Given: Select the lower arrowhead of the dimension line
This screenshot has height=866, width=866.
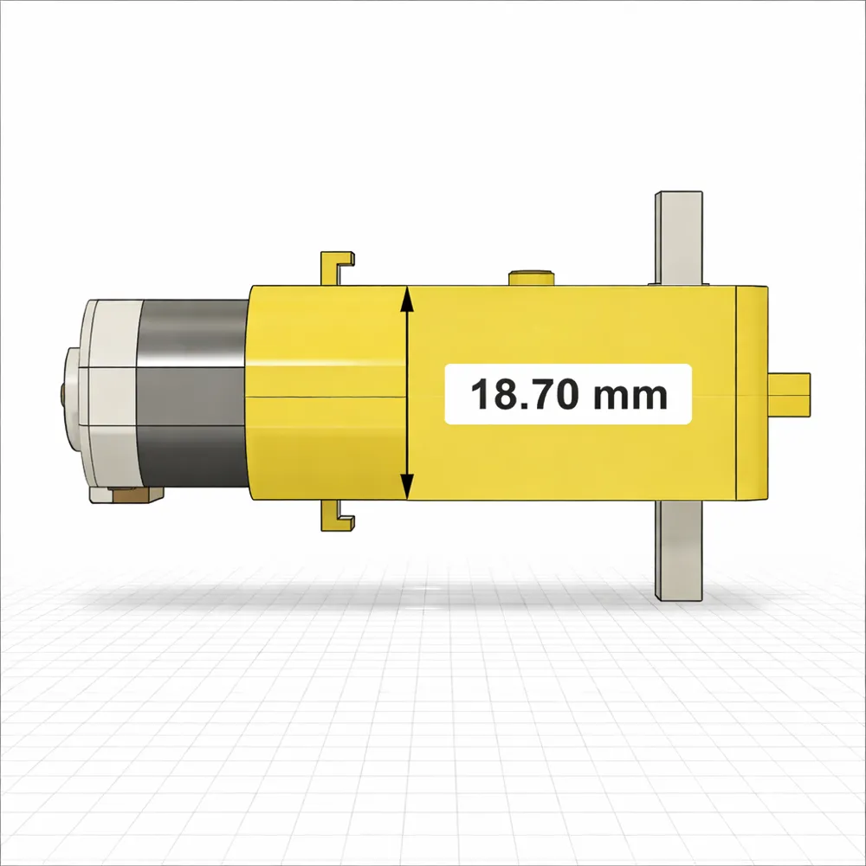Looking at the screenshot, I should click(x=407, y=491).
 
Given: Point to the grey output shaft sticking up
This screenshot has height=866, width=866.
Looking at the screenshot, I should click(x=678, y=237).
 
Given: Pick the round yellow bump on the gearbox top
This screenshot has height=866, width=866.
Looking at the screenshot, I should click(x=531, y=277).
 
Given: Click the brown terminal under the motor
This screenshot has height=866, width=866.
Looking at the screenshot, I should click(x=131, y=494).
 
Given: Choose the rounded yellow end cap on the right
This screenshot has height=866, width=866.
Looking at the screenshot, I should click(x=751, y=394).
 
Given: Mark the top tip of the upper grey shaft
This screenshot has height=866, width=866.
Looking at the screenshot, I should click(x=678, y=194).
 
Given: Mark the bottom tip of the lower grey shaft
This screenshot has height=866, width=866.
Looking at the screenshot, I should click(x=678, y=596).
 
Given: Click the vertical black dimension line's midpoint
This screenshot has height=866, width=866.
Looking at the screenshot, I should click(x=407, y=394).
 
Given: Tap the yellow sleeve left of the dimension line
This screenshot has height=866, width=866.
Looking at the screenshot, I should click(x=327, y=394).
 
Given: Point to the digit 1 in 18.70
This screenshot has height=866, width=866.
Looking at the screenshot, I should click(x=480, y=395).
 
